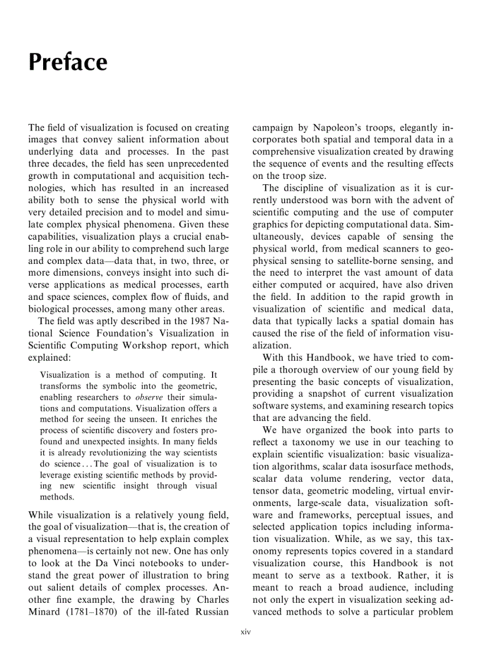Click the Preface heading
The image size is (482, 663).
click(x=68, y=62)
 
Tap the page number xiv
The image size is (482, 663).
click(x=241, y=631)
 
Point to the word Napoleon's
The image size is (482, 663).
click(x=343, y=128)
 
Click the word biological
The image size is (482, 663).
click(x=52, y=309)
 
